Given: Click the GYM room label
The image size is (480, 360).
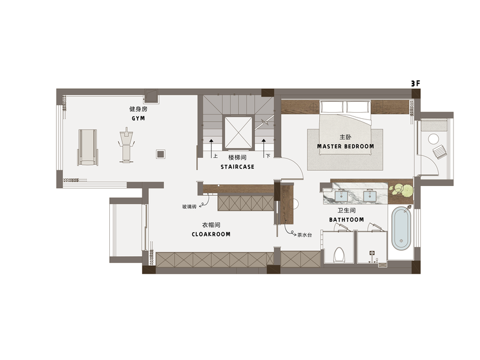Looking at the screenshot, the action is [x=138, y=118].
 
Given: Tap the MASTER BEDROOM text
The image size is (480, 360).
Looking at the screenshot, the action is [x=346, y=146].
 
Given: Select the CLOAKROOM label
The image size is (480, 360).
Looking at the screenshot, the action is [x=211, y=234].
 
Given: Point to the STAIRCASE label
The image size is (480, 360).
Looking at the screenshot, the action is [x=237, y=167].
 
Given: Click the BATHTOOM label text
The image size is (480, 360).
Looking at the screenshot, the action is [x=347, y=220].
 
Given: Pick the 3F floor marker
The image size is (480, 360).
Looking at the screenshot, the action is [x=415, y=83].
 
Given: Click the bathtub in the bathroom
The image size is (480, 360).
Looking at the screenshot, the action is [x=401, y=229].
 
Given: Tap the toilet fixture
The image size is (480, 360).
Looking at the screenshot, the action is [x=339, y=255].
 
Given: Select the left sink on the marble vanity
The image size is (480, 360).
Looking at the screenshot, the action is [x=341, y=196].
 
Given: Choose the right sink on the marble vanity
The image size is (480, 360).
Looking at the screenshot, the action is [x=370, y=196].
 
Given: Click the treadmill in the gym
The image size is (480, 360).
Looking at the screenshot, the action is [x=88, y=147].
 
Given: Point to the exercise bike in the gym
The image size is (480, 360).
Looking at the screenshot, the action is [x=126, y=145].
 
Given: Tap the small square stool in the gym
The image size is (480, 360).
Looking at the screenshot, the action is [x=161, y=154].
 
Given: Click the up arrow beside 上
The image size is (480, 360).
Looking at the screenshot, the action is [x=211, y=148].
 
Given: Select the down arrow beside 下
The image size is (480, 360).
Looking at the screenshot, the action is [x=263, y=148].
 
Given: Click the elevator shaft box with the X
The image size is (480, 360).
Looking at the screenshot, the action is [x=238, y=133].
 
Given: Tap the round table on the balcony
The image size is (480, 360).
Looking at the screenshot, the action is [x=433, y=139].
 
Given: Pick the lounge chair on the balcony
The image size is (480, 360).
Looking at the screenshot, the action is [x=440, y=152].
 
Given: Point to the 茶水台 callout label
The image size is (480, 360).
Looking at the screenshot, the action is [x=305, y=235].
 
